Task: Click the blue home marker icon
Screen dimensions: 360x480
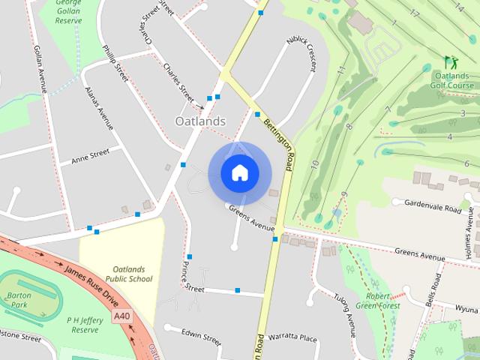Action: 239,173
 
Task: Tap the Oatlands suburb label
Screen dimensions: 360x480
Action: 200,121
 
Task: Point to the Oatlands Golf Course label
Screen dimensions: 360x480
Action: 450,80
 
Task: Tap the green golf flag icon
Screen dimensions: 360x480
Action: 449,61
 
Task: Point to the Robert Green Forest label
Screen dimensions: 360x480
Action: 376,301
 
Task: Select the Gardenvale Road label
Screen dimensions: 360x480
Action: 433,206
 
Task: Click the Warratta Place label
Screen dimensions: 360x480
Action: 292,337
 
